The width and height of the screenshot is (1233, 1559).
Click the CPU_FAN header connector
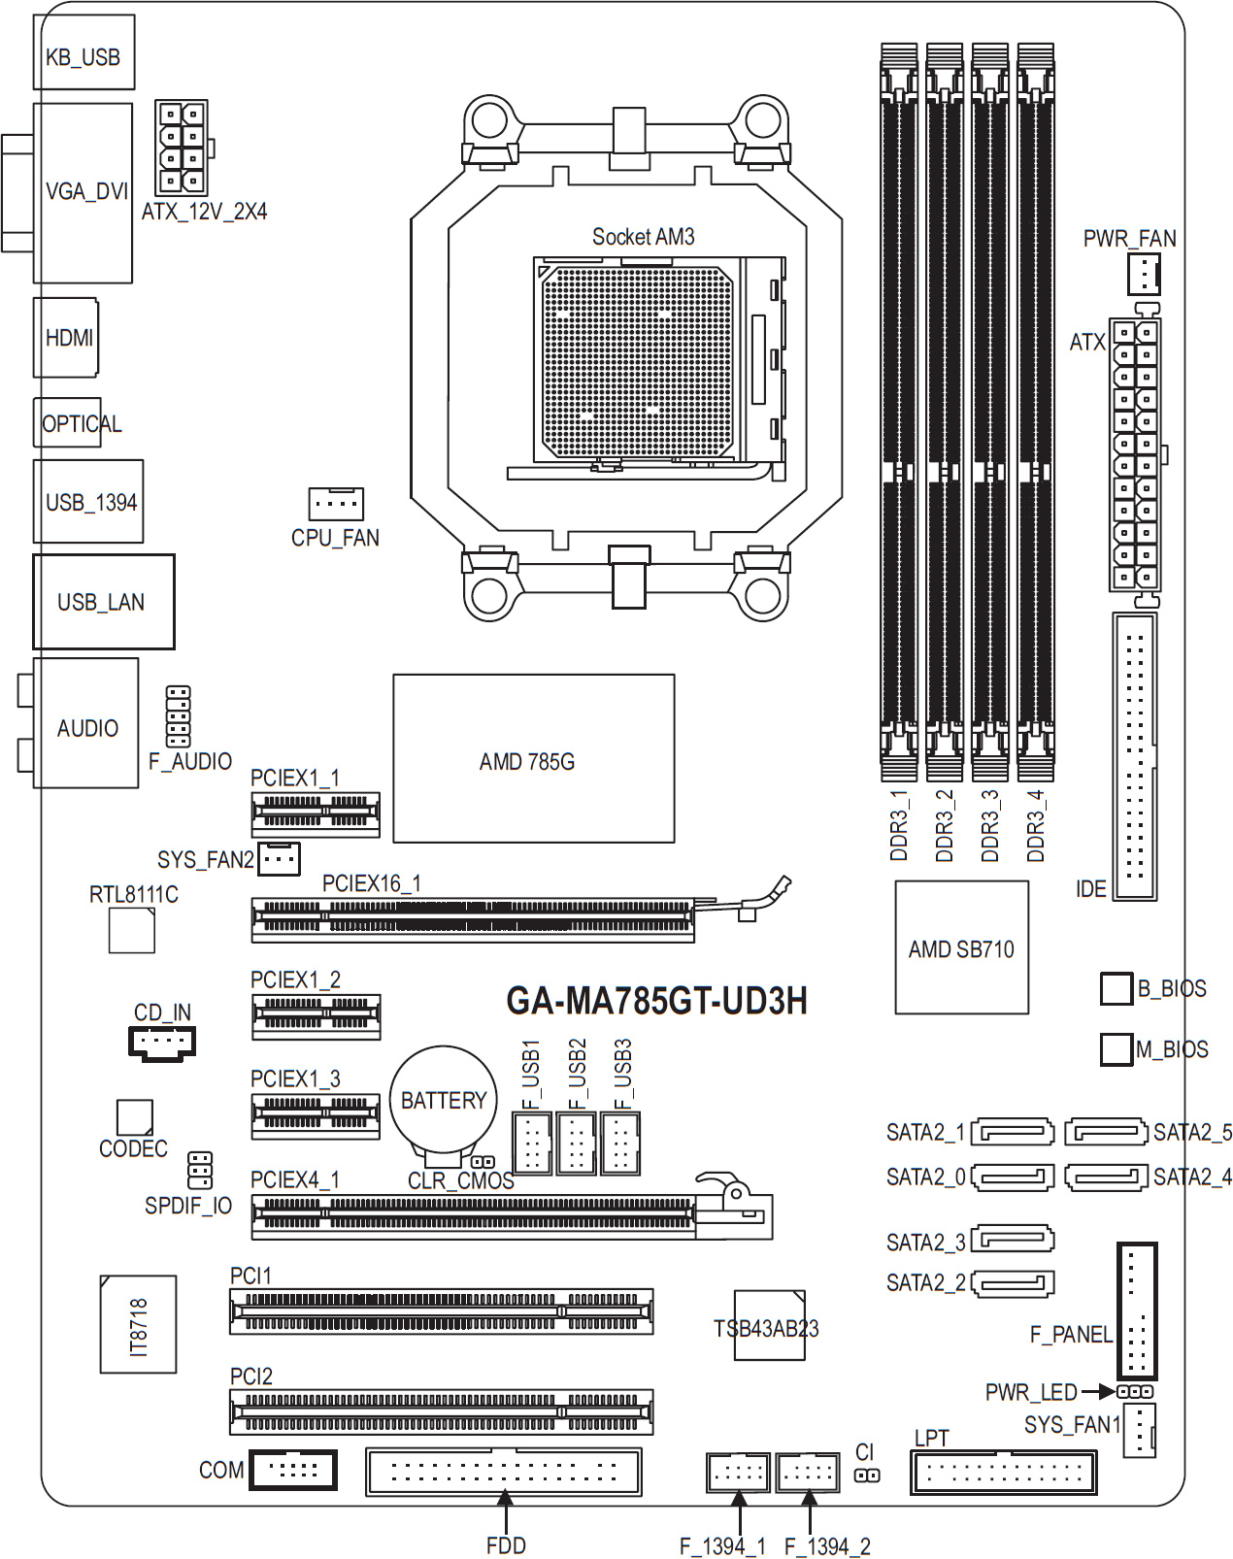335,504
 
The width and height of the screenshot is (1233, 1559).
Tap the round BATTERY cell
444,1100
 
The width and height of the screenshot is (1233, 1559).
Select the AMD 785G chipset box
533,758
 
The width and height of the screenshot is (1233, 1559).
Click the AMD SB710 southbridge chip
961,946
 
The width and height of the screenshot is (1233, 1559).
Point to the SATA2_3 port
1012,1239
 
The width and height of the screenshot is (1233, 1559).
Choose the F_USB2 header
577,1143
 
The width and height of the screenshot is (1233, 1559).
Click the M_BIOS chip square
1116,1048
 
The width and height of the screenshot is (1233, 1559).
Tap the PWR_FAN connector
1144,274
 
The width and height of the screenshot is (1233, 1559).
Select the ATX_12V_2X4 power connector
182,148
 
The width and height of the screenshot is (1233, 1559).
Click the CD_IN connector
161,1044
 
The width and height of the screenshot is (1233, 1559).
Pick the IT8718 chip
138,1323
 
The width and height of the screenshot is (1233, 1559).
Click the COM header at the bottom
292,1469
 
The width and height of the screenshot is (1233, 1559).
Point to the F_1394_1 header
738,1472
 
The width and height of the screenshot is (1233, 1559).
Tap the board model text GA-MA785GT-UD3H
656,1001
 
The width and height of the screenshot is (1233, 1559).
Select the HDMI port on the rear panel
66,337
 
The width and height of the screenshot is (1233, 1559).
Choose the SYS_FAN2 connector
279,858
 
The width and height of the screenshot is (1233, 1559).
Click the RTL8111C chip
132,930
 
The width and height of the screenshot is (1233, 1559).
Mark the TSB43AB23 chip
769,1324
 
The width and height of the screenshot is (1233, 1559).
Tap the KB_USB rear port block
83,52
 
